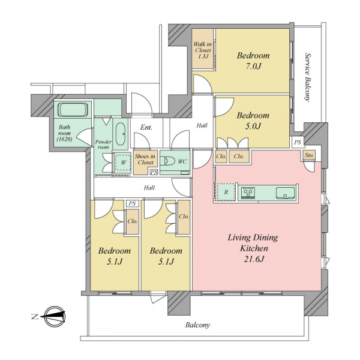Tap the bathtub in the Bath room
pyautogui.click(x=73, y=110)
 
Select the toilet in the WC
pyautogui.click(x=166, y=161)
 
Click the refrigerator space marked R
pyautogui.click(x=226, y=192)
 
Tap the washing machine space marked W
pyautogui.click(x=123, y=163)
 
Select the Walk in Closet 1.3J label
pyautogui.click(x=202, y=50)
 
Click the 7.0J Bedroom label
pyautogui.click(x=253, y=61)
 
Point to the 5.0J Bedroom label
pyautogui.click(x=253, y=121)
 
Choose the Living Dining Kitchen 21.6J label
pyautogui.click(x=253, y=248)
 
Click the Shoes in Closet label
pyautogui.click(x=145, y=160)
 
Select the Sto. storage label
pyautogui.click(x=309, y=155)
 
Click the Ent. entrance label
pyautogui.click(x=146, y=127)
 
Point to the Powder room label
pyautogui.click(x=103, y=145)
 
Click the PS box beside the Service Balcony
pyautogui.click(x=298, y=142)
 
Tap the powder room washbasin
pyautogui.click(x=121, y=134)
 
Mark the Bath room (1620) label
pyautogui.click(x=65, y=133)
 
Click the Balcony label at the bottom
pyautogui.click(x=197, y=325)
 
